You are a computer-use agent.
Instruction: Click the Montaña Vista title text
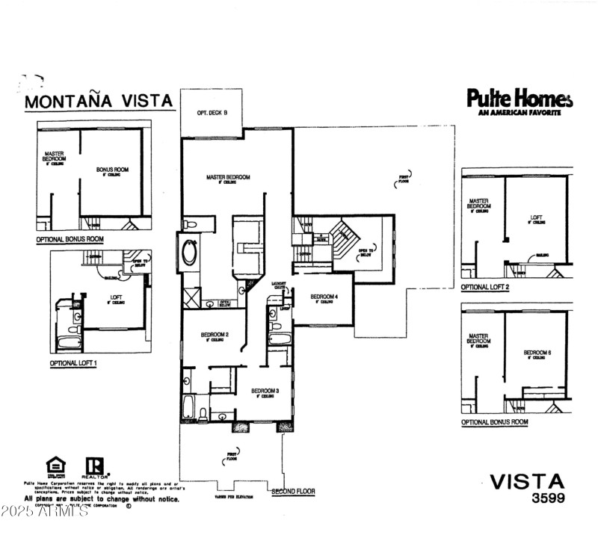pyautogui.click(x=99, y=101)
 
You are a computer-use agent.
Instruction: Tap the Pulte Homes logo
pyautogui.click(x=520, y=99)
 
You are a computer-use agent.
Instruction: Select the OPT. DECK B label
pyautogui.click(x=212, y=113)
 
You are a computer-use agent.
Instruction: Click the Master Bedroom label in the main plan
pyautogui.click(x=228, y=178)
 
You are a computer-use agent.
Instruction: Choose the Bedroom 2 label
pyautogui.click(x=215, y=335)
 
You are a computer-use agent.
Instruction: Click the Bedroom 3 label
pyautogui.click(x=265, y=392)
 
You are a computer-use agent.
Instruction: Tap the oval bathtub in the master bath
pyautogui.click(x=189, y=253)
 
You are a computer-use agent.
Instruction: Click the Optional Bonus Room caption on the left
pyautogui.click(x=70, y=240)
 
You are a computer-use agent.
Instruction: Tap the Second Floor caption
pyautogui.click(x=293, y=492)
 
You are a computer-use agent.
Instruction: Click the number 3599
pyautogui.click(x=549, y=498)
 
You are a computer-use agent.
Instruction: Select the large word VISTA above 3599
pyautogui.click(x=527, y=481)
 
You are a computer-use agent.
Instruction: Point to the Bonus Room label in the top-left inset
pyautogui.click(x=112, y=170)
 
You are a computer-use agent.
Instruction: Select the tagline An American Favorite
pyautogui.click(x=520, y=113)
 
